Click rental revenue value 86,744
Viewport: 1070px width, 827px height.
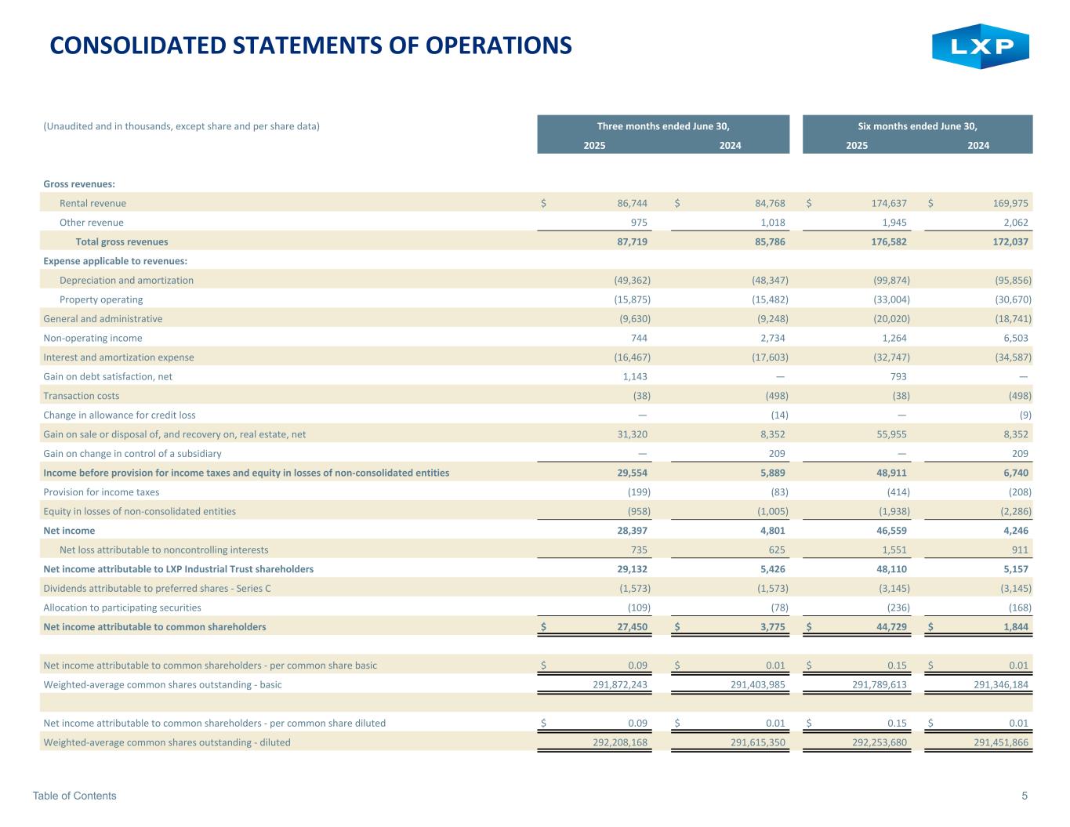pos(632,203)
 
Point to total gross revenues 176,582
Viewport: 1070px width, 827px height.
pos(887,241)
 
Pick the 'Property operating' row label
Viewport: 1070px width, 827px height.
pos(101,299)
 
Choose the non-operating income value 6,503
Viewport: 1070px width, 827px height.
pos(1012,338)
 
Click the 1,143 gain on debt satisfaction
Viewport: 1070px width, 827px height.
pos(634,376)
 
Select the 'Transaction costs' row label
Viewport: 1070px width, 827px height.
pos(82,396)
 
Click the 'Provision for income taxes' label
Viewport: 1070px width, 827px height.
pos(101,492)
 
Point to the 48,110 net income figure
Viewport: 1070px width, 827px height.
pos(890,569)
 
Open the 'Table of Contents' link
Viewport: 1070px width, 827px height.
pos(74,796)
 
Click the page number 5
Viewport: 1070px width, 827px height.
pos(1025,796)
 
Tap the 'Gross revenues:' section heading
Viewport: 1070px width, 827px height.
pos(79,184)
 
